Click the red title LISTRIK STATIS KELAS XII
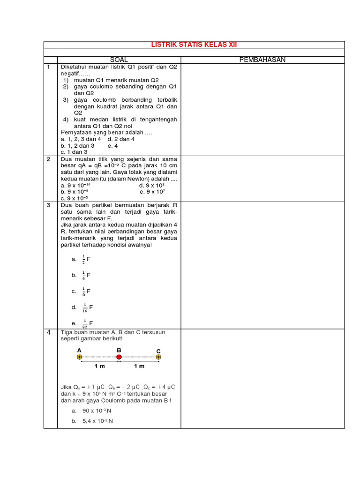[x=197, y=45]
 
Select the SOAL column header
[x=119, y=60]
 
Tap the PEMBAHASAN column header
[x=262, y=60]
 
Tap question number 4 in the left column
[x=48, y=332]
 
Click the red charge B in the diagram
[x=119, y=357]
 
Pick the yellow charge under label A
[x=79, y=357]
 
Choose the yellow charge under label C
[x=159, y=357]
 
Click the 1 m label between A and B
[x=99, y=366]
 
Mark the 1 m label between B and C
[x=139, y=366]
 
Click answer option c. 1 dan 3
[x=74, y=152]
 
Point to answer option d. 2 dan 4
[x=121, y=139]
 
